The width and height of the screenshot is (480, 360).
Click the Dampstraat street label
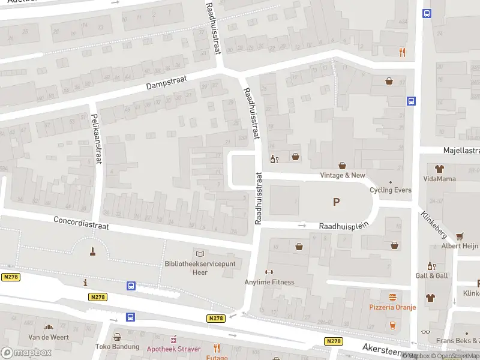point(167,82)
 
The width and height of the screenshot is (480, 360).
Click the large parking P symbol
point(336,203)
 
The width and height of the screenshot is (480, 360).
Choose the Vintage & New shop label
point(342,175)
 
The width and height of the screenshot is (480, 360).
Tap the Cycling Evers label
point(390,190)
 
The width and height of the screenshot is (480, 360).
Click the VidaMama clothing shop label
point(439,179)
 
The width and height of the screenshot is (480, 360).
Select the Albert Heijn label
point(460,247)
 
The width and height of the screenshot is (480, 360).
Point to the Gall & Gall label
point(431,275)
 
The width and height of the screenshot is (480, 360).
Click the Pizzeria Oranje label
point(392,308)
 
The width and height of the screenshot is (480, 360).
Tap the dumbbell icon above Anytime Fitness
point(269,272)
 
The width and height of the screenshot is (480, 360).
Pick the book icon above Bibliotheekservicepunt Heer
point(200,254)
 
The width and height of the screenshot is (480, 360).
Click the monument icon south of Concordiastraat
point(92,251)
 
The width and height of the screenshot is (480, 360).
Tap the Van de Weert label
point(49,337)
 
